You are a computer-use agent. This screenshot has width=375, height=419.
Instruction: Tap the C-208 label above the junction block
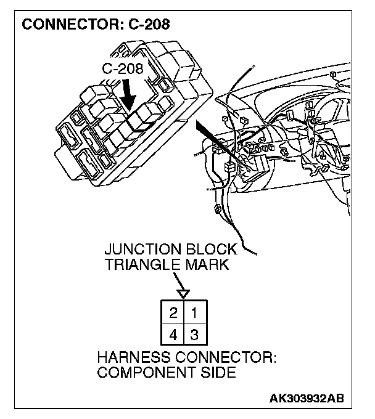123,69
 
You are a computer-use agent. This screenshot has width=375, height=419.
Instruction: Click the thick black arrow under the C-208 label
129,96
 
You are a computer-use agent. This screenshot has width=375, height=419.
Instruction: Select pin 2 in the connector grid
174,313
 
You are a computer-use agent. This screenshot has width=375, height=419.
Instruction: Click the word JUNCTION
139,250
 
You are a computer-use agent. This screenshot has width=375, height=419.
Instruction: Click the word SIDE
216,373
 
